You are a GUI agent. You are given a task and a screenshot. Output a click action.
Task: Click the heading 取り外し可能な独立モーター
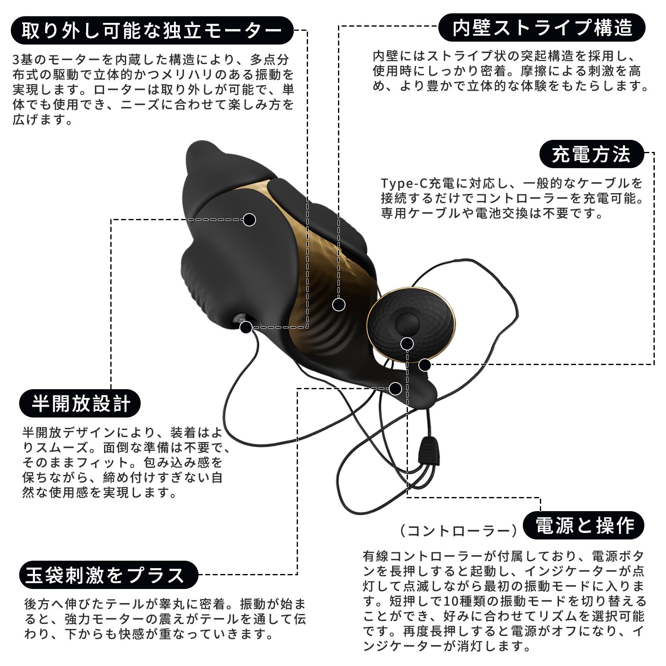point(152,30)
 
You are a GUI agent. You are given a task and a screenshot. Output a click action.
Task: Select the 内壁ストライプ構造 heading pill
point(542,27)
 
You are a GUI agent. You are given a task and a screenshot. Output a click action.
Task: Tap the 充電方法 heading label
point(591,154)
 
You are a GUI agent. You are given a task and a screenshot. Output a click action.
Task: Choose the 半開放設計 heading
point(80,403)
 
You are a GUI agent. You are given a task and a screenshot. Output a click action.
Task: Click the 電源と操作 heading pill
point(584,525)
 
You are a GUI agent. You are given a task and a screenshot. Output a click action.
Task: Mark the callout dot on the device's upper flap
point(249,219)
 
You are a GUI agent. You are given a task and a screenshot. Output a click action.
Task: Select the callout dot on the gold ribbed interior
point(339,305)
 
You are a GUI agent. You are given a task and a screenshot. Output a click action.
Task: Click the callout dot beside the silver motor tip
point(246,327)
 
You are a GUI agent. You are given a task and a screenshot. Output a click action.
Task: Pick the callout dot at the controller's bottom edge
point(424,365)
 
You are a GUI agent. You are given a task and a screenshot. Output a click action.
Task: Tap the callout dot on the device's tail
point(395,388)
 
